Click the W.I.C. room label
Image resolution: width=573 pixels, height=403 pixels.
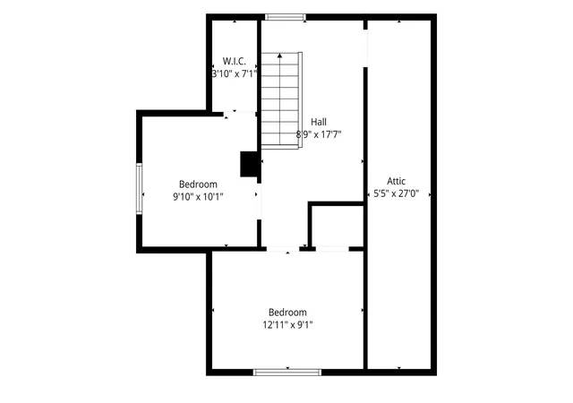point(235,61)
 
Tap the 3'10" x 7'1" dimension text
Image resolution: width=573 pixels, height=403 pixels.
point(235,73)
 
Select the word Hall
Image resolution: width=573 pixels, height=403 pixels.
point(319,122)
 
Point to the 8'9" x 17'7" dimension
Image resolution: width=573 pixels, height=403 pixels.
point(319,134)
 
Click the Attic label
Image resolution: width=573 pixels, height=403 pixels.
point(396,181)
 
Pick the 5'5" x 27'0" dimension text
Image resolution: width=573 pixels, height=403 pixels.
point(396,193)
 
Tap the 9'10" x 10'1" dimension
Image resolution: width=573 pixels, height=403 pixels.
point(198,197)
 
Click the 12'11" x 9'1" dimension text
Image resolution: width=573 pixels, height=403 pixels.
point(287,325)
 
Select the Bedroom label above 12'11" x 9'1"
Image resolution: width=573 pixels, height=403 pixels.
point(287,313)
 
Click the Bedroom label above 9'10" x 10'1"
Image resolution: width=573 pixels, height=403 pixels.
point(198,184)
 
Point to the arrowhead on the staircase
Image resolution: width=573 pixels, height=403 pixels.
point(279,56)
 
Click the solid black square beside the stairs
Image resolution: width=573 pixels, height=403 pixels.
point(250,164)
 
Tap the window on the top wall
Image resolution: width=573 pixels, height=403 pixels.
point(285,17)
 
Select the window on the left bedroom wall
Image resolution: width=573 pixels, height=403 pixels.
point(140,189)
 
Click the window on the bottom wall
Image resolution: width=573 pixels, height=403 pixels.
point(287,373)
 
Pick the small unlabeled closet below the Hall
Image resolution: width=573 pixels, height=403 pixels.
point(337,226)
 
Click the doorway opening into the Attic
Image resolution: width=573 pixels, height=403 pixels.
point(365,47)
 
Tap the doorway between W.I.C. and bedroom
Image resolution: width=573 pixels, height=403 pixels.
point(239,114)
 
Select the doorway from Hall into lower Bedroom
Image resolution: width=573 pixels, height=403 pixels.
point(283,249)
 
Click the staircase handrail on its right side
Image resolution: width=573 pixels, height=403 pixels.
point(301,99)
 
